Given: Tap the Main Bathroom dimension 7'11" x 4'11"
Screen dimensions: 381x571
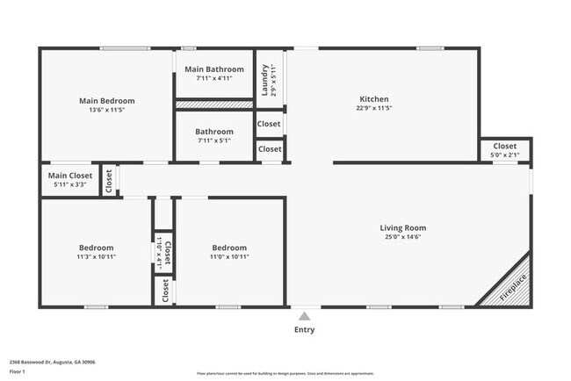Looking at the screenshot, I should click(214, 79).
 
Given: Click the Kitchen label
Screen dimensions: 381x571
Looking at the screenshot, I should click(373, 99).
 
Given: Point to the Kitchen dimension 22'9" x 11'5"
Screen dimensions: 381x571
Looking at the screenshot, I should click(373, 109).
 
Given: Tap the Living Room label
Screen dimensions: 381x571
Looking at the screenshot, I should click(402, 227).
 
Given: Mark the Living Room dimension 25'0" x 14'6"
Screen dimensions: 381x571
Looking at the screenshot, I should click(402, 237).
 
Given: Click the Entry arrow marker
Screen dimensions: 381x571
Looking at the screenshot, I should click(304, 316).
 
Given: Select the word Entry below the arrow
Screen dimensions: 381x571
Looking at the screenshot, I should click(304, 330).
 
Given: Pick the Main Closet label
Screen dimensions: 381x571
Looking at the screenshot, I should click(70, 176).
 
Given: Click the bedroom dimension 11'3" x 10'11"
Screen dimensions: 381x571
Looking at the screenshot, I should click(96, 257).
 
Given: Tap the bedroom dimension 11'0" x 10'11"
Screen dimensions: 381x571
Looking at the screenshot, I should click(228, 257).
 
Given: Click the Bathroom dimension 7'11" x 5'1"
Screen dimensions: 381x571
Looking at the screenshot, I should click(214, 140).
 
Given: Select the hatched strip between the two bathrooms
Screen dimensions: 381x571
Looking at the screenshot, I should click(214, 104).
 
